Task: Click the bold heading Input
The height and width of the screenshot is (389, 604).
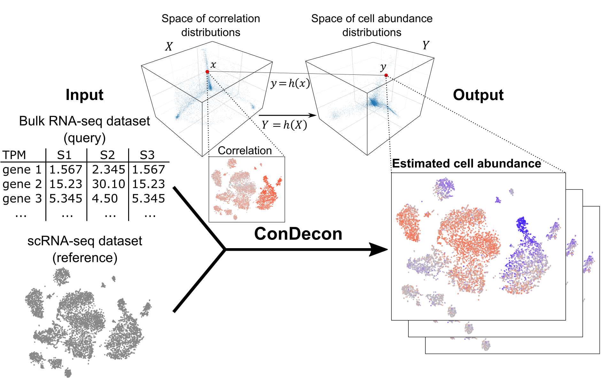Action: (84, 95)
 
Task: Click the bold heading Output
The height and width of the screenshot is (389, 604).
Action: (478, 95)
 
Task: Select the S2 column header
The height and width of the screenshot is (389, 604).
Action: (107, 155)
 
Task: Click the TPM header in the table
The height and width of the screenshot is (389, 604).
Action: (14, 155)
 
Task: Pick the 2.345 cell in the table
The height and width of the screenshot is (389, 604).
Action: (108, 170)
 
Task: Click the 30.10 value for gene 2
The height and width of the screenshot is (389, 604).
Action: (108, 184)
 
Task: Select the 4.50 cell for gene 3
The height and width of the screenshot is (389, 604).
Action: (105, 199)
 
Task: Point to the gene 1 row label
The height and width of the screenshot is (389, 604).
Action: (22, 170)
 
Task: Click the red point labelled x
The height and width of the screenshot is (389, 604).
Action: (207, 72)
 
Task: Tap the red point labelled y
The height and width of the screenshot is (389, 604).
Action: (386, 75)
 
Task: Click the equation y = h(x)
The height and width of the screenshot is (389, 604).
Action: (290, 83)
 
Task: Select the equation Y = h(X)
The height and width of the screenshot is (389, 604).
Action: (284, 125)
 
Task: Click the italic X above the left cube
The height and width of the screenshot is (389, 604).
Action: (169, 47)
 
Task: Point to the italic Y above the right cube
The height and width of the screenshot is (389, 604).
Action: (426, 45)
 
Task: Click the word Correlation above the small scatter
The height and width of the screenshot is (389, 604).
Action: (245, 150)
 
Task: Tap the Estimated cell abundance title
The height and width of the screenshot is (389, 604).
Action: (466, 164)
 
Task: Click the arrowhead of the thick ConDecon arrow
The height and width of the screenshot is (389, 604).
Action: (379, 249)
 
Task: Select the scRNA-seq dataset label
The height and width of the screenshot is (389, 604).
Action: (85, 241)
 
